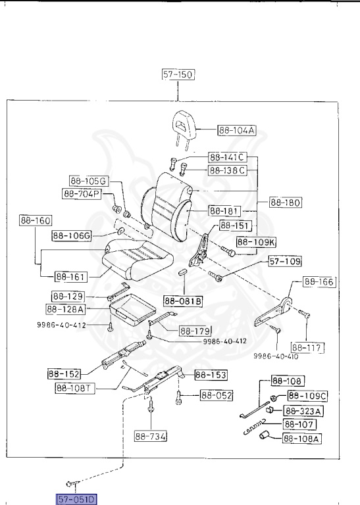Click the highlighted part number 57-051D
click(77, 499)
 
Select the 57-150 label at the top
click(178, 75)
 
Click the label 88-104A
click(237, 131)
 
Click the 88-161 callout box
click(71, 277)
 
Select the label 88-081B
click(184, 301)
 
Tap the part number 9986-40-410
click(276, 356)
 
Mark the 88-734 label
click(151, 436)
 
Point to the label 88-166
click(319, 282)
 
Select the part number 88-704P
click(81, 194)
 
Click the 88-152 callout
click(64, 373)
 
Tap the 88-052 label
click(217, 396)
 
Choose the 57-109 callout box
click(285, 262)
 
